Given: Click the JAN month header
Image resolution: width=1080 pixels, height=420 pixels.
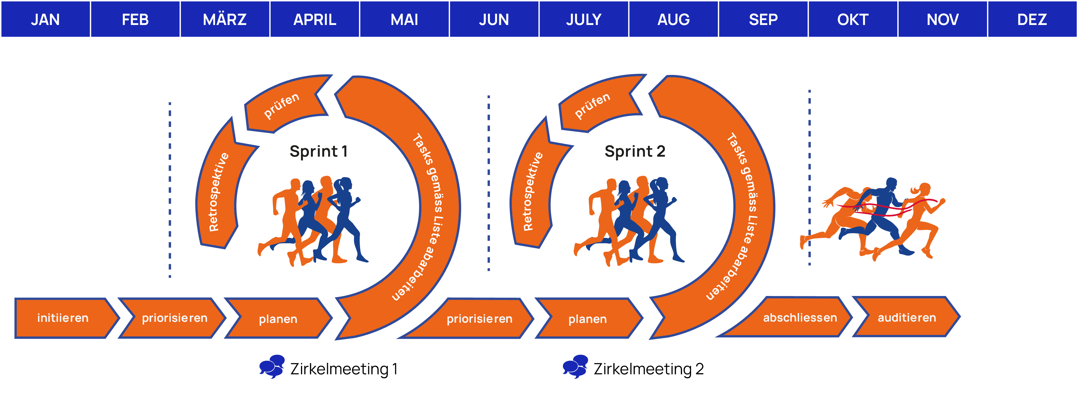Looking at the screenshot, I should pyautogui.click(x=45, y=19).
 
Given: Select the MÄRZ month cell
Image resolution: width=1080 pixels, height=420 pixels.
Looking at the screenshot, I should pyautogui.click(x=225, y=19).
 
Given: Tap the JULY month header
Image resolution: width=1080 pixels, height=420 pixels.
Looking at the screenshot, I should pyautogui.click(x=584, y=19).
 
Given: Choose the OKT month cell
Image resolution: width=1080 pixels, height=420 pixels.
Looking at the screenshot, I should pyautogui.click(x=853, y=19).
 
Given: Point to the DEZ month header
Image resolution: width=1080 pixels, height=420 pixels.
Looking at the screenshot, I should pyautogui.click(x=1032, y=19).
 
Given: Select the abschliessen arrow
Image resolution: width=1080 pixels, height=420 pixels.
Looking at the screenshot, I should pyautogui.click(x=797, y=318).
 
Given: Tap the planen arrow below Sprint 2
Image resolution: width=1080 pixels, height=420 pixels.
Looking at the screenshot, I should pyautogui.click(x=587, y=319).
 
